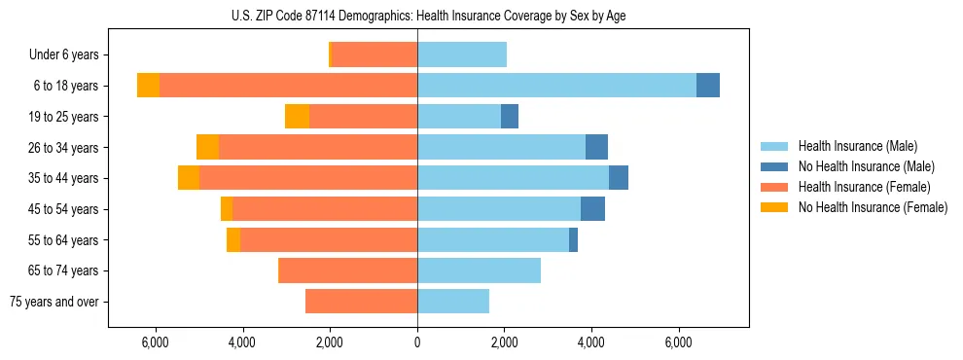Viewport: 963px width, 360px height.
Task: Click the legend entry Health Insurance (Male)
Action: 857,146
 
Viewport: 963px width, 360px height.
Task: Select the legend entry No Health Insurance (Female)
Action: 873,207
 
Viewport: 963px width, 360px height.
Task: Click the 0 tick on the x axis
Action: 417,342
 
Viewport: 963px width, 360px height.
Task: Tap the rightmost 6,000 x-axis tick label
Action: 679,342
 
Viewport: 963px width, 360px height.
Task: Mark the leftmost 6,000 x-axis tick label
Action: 156,342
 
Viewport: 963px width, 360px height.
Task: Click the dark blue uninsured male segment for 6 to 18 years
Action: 708,86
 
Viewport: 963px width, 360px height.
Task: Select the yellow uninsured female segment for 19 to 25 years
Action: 297,117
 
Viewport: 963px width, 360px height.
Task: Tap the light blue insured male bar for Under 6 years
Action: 462,54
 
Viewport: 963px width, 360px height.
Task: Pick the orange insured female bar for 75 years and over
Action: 361,302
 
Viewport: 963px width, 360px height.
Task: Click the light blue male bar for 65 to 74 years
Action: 479,270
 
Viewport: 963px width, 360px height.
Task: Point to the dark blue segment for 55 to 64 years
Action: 573,239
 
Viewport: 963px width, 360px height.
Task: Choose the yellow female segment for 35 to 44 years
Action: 189,178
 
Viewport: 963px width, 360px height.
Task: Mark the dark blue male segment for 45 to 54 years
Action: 592,209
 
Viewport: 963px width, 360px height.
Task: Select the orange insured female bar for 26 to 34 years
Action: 318,147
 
